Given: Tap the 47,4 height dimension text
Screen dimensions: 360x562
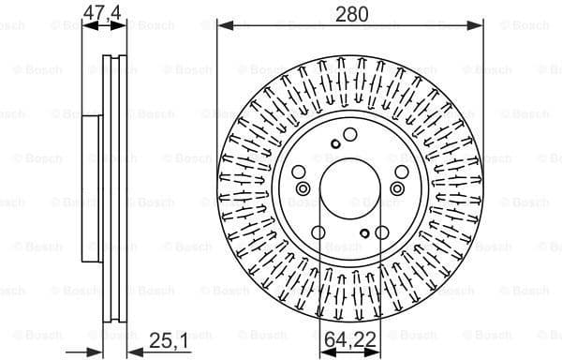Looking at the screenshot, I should click(101, 13).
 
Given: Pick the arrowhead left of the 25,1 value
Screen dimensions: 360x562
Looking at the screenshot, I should click(132, 348).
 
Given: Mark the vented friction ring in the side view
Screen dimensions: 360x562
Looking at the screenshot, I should click(113, 187).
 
